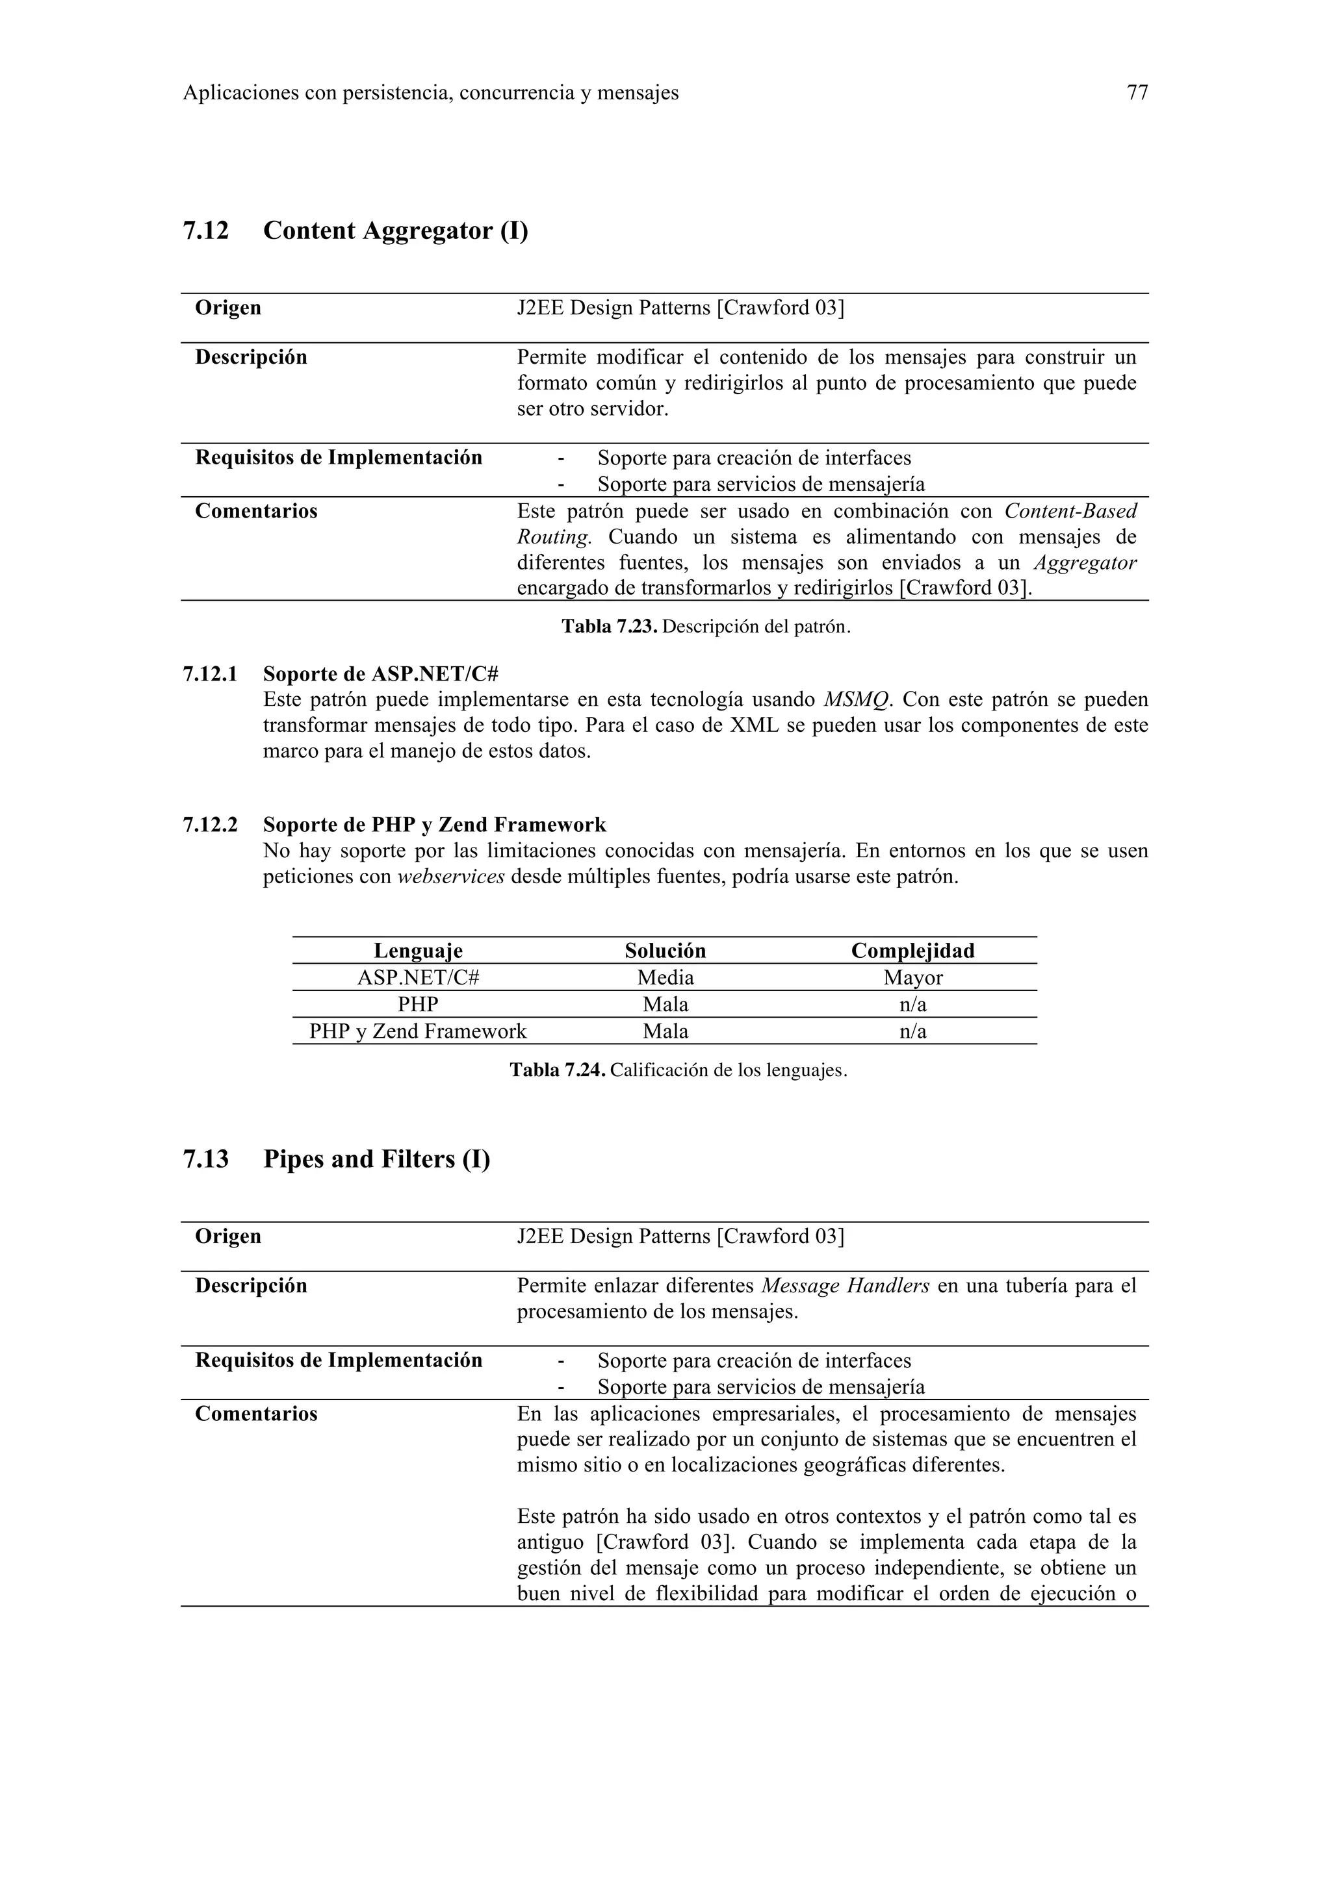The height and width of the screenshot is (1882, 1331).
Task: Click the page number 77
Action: (1137, 94)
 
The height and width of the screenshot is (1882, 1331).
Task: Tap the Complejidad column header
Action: (912, 951)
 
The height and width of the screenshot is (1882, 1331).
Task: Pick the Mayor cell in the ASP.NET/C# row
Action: (912, 978)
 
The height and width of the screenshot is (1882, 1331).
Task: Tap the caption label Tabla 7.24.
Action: (557, 1070)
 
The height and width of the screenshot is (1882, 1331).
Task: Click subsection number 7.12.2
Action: (210, 825)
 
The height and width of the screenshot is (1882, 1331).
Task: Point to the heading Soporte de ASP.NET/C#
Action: (381, 675)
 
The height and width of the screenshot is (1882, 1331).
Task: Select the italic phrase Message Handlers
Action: (845, 1286)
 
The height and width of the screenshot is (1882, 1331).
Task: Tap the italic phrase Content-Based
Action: (1070, 512)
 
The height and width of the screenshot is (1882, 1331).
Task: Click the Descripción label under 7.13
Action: (251, 1286)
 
